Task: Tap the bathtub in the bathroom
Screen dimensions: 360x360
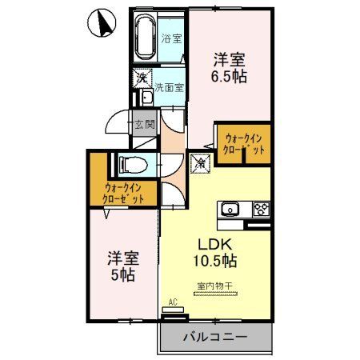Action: (144, 35)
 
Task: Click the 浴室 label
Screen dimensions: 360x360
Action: (170, 38)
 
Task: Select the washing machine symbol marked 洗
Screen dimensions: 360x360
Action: (141, 78)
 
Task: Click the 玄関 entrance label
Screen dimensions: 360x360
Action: (144, 125)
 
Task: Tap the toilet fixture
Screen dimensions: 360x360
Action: (131, 165)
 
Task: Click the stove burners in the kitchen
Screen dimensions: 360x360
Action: (261, 210)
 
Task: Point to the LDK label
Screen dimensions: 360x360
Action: (212, 245)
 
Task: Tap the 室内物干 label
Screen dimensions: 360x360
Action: (212, 286)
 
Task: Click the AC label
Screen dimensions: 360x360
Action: (170, 302)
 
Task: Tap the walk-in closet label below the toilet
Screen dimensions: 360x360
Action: (124, 194)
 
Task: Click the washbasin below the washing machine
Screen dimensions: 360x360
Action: (146, 98)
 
